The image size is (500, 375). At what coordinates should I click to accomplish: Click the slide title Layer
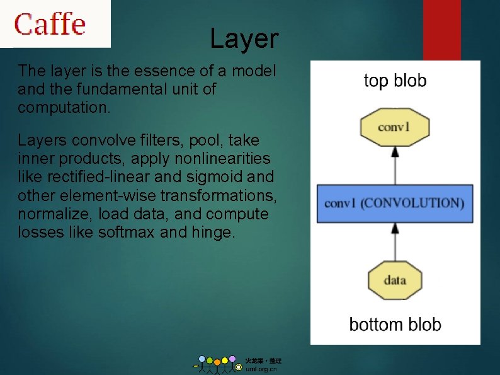click(x=244, y=39)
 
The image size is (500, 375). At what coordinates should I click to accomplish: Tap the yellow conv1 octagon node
click(x=394, y=127)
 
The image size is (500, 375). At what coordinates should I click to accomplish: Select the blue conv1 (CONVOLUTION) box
click(x=394, y=203)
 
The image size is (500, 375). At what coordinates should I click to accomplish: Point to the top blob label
click(x=395, y=81)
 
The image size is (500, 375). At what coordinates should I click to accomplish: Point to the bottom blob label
click(x=395, y=325)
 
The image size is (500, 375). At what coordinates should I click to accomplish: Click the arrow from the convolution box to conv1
click(x=395, y=165)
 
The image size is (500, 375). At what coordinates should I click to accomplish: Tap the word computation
click(x=64, y=107)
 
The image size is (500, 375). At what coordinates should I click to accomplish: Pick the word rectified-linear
click(x=90, y=176)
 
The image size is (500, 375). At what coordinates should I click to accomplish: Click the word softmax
click(x=127, y=233)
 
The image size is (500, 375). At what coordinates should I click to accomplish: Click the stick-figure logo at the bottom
click(x=217, y=364)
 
